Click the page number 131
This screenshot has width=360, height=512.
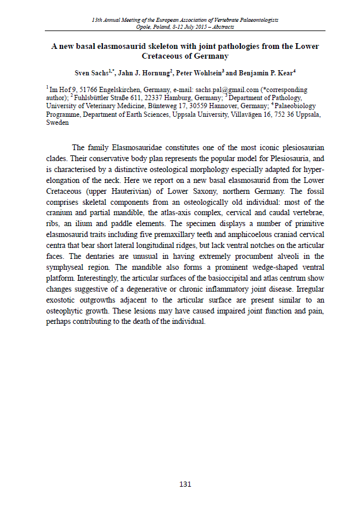coord(185,484)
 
